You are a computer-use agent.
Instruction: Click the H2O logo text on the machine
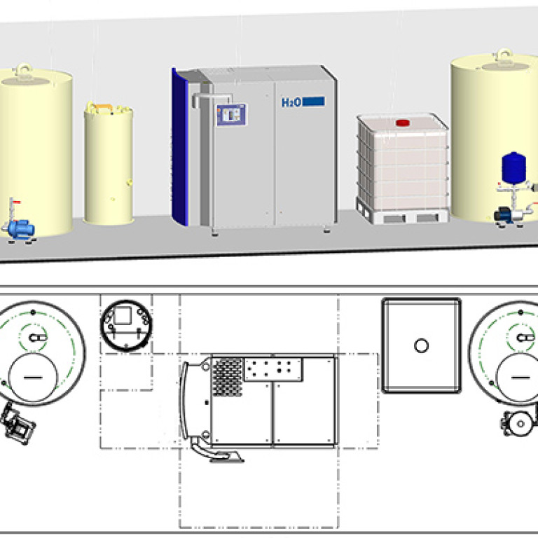291,102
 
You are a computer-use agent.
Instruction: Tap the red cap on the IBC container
403,123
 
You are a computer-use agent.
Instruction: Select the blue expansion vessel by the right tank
513,167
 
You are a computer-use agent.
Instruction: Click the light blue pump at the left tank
20,229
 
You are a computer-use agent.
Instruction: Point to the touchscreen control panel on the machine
232,115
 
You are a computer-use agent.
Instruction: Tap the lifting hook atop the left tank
22,69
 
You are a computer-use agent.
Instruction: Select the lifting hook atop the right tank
503,55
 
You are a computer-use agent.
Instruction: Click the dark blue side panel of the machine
179,148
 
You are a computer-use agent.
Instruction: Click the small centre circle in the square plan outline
421,345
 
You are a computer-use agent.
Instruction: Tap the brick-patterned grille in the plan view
228,377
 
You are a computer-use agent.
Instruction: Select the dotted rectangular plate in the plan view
273,369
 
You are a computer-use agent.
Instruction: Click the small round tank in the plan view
126,326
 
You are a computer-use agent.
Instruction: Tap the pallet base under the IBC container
402,214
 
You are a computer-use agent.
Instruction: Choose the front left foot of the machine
215,234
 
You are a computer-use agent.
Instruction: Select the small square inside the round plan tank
123,316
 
